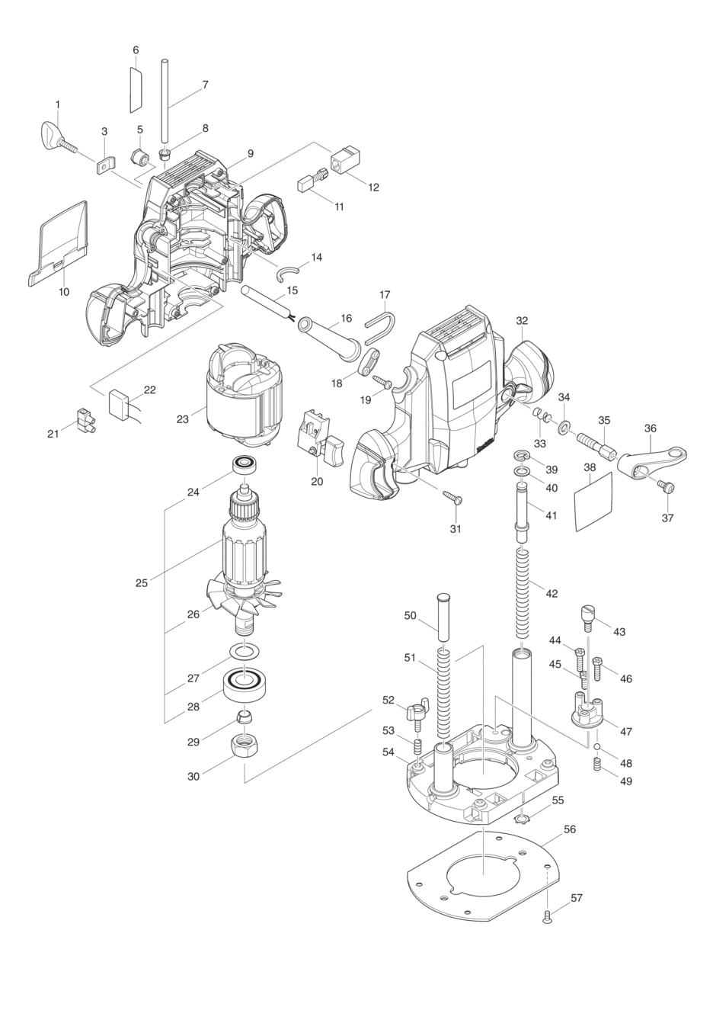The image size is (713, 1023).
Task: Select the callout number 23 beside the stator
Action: pos(183,418)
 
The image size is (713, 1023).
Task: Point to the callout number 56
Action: pos(570,829)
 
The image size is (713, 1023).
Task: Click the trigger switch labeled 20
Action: pos(318,438)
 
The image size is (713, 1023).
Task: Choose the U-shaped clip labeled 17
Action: pos(381,329)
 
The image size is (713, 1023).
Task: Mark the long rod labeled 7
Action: pos(165,103)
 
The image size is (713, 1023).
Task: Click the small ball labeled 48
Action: pos(597,747)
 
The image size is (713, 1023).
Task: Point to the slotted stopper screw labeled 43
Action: pos(588,617)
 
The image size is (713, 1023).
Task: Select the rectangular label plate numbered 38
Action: pos(593,502)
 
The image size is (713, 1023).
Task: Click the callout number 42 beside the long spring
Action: pos(552,593)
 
